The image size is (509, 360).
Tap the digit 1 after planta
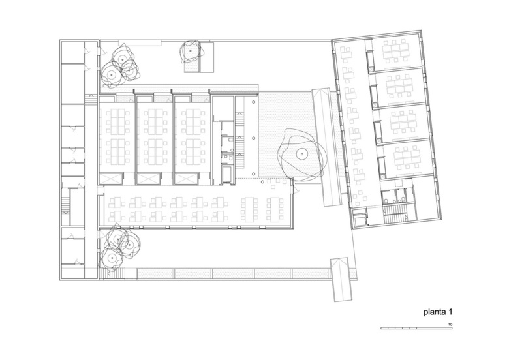pos(450,312)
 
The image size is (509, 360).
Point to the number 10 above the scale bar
pos(450,324)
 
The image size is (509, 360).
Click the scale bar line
pos(416,329)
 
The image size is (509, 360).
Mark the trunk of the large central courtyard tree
pos(302,154)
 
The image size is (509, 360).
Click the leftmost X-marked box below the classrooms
pos(111,179)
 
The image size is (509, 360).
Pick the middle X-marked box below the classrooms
pos(148,179)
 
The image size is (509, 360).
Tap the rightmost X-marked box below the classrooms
pos(186,179)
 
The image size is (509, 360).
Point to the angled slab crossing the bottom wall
pos(341,280)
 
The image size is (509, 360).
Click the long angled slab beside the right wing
pos(327,147)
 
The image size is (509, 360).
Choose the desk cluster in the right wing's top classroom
pos(394,50)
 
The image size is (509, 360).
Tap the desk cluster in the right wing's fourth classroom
pos(406,158)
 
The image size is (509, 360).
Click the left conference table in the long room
pos(249,209)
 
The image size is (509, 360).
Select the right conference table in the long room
pos(275,209)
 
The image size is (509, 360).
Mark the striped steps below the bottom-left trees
pos(112,273)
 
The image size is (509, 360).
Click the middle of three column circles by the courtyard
pos(253,138)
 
